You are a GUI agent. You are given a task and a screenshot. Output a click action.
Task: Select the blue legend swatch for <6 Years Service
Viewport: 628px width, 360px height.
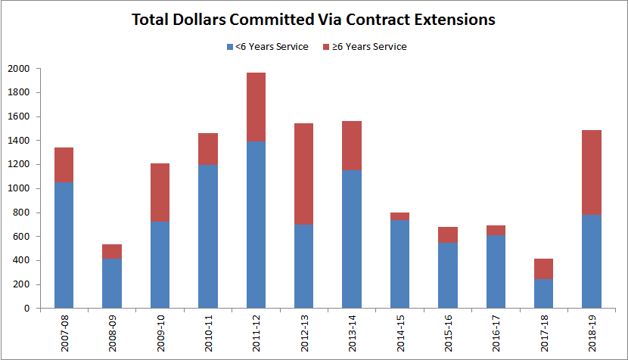pos(229,47)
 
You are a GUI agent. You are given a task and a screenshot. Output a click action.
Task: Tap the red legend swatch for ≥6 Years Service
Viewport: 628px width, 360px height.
pos(325,47)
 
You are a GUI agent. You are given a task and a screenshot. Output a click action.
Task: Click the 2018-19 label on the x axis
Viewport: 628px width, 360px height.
pos(594,334)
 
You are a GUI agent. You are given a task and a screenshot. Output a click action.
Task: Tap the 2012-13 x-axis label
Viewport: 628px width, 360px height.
pos(305,334)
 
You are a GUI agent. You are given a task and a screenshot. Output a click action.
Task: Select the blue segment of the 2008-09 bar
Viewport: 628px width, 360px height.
pos(112,283)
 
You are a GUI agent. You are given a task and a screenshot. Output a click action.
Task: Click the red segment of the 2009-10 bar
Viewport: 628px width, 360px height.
pos(160,193)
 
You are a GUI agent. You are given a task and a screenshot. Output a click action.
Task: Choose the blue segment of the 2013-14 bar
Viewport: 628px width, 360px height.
pos(353,239)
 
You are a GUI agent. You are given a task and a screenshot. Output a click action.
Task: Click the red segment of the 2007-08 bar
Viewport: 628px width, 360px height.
pos(64,165)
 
